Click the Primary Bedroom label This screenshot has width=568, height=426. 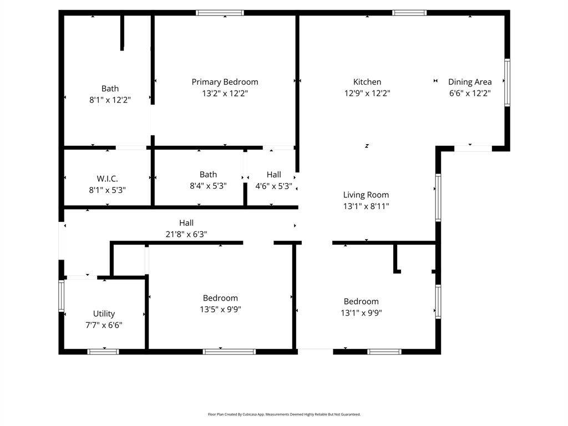[x=225, y=82]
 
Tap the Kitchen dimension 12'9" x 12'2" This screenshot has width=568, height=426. [x=367, y=94]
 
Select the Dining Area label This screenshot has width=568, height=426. [x=470, y=82]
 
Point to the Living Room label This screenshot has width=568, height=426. [x=366, y=195]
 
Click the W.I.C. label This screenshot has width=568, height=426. [x=107, y=179]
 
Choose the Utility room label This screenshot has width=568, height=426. [x=104, y=314]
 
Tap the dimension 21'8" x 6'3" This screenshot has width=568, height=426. [x=186, y=234]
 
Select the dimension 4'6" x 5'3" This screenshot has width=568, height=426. [x=273, y=186]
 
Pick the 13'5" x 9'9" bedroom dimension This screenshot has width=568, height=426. [x=220, y=310]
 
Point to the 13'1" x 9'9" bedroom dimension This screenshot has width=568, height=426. [x=361, y=313]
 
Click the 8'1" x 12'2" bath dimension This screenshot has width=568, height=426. [x=110, y=100]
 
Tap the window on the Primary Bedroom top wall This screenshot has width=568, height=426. [x=220, y=13]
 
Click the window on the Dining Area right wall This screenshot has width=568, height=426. [x=507, y=83]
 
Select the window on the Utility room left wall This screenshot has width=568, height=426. [x=62, y=296]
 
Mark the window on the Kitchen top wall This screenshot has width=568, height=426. [x=409, y=13]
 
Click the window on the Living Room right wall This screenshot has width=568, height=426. [x=438, y=197]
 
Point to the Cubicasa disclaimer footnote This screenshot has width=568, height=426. [x=284, y=414]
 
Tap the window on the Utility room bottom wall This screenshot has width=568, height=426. [x=103, y=351]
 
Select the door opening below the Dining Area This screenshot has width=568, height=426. [x=473, y=148]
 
